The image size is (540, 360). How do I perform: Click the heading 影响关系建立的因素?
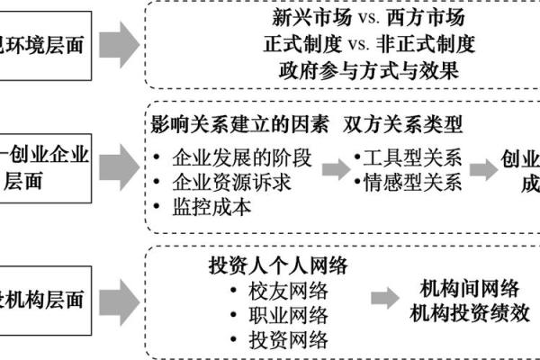(x=239, y=123)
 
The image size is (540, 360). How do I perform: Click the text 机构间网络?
(x=469, y=290)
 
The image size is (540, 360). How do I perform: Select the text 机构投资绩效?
(x=469, y=314)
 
